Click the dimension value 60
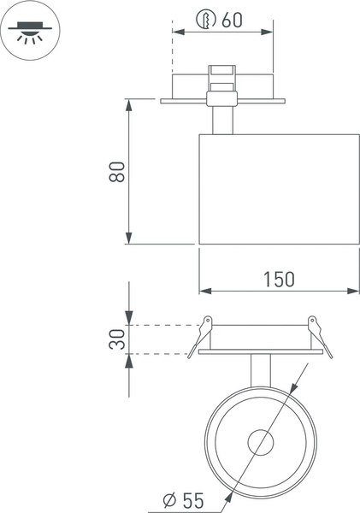pos(232,20)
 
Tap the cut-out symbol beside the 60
pos(205,19)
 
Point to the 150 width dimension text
pos(278,279)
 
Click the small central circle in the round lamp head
pos(260,443)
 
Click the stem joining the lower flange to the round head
pos(260,370)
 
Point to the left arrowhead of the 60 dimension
pos(175,32)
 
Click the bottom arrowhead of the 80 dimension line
pos(128,240)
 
